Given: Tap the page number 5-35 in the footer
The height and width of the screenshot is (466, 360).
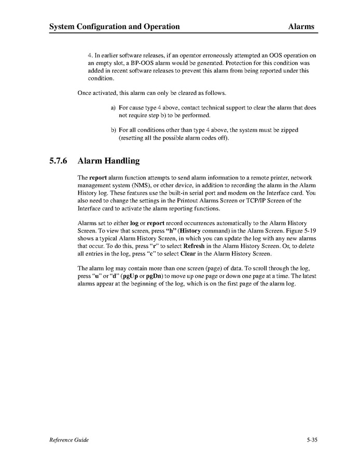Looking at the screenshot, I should coord(311,440).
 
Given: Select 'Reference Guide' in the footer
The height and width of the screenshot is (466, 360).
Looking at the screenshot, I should coord(69,440).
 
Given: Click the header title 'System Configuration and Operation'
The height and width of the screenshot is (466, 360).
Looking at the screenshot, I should coord(114,26).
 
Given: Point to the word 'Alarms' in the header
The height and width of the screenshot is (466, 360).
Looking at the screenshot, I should coord(301,26).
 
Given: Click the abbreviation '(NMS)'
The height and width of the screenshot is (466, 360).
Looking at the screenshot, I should coord(151,185).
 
